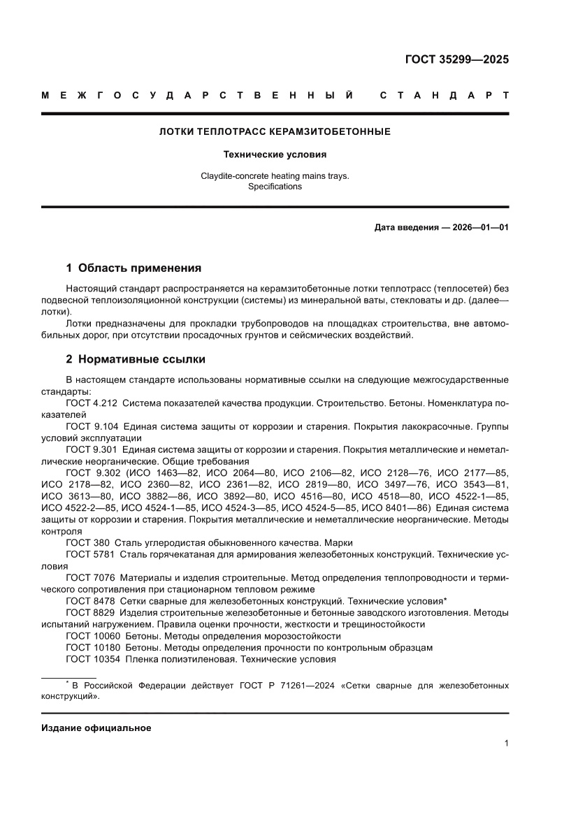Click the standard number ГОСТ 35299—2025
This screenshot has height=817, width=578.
(457, 59)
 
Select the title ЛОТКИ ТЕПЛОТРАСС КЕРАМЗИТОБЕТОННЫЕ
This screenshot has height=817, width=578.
(275, 131)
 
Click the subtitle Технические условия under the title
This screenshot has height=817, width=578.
(275, 154)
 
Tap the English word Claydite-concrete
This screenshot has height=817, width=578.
(237, 176)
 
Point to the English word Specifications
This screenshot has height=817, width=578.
(275, 187)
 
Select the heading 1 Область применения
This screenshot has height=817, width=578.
(133, 268)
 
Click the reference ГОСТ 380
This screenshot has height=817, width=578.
(87, 543)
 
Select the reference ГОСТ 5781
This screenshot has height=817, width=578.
(90, 555)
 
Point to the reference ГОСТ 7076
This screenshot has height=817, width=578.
(90, 578)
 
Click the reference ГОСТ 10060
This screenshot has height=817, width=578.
(93, 636)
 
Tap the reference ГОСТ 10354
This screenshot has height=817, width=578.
(93, 659)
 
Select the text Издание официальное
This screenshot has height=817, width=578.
(96, 728)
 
